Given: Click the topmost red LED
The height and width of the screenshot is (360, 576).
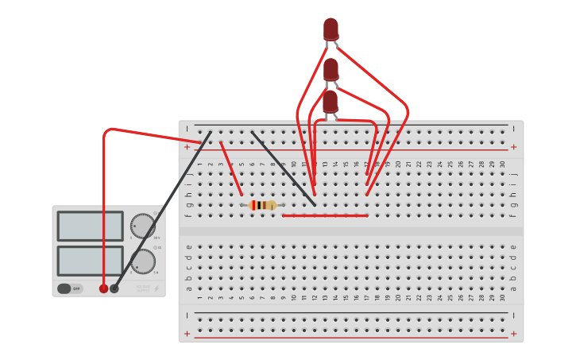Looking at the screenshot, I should click(x=331, y=29).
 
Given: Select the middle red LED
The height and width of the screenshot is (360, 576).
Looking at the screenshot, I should click(x=331, y=69).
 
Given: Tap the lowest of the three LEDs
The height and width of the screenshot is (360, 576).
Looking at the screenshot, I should click(x=330, y=101).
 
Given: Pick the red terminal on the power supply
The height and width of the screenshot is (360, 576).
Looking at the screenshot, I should click(x=103, y=288).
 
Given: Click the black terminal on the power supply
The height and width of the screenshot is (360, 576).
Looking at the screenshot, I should click(x=114, y=288).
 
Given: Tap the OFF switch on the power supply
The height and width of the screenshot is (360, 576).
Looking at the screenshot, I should click(x=70, y=288).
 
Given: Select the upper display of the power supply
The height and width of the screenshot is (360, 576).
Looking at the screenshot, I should click(x=90, y=226).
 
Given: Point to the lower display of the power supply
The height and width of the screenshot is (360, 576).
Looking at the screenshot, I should click(x=90, y=261).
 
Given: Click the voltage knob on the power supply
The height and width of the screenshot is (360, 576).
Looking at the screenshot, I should click(x=143, y=226).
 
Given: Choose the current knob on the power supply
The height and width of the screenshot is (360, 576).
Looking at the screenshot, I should click(x=143, y=261).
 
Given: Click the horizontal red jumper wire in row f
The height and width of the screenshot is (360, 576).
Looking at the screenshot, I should click(x=325, y=215).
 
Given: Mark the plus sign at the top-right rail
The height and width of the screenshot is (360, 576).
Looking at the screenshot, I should click(x=513, y=147).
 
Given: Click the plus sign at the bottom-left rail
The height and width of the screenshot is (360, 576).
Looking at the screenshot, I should click(x=187, y=334).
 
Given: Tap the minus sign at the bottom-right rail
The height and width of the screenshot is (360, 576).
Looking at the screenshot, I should click(x=513, y=315).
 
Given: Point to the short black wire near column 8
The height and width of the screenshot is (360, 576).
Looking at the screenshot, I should click(x=283, y=168).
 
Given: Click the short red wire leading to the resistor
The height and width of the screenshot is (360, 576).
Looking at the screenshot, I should click(x=231, y=168).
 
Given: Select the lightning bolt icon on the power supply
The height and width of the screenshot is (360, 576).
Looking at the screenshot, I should click(x=156, y=288).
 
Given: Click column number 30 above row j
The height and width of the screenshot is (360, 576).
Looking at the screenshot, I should click(x=502, y=164).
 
